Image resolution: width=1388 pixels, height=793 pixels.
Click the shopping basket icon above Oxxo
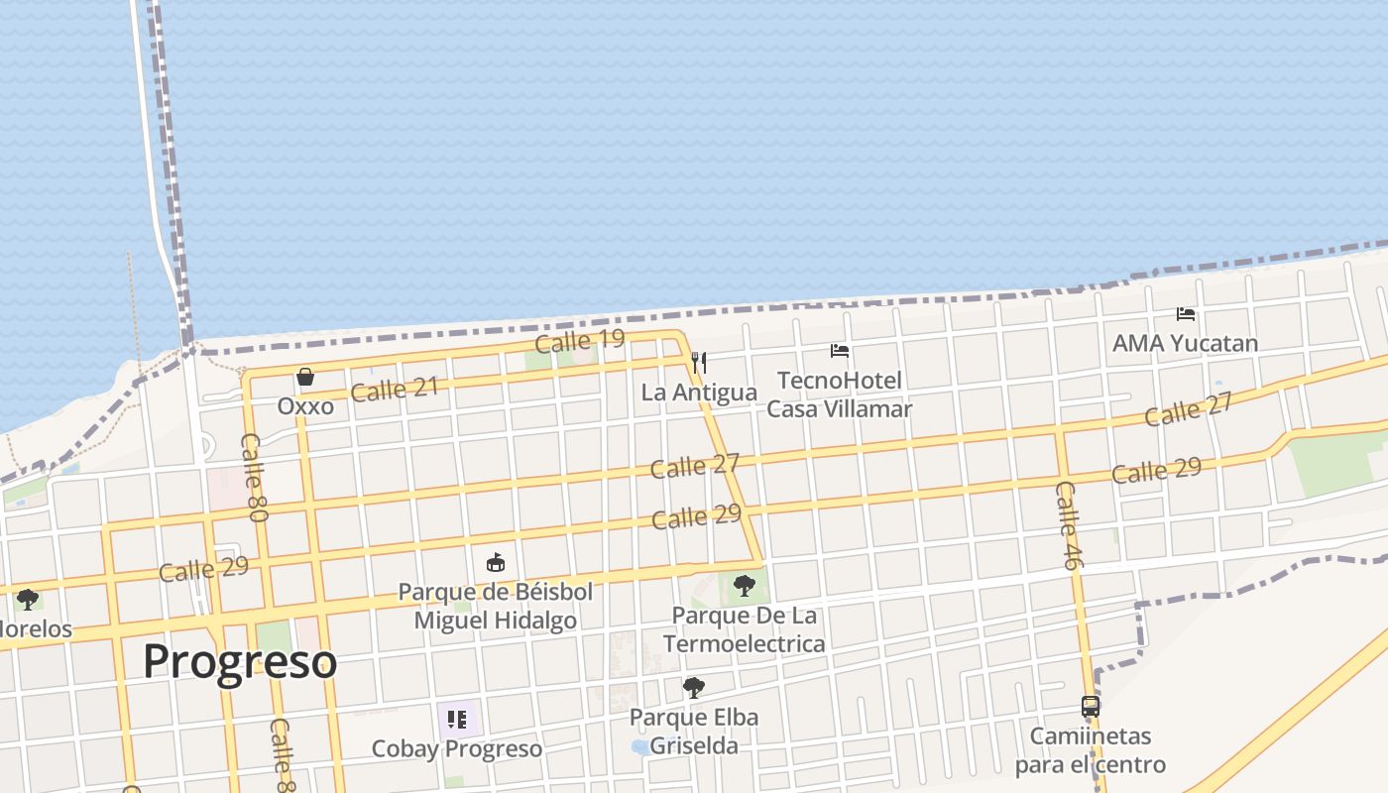305,377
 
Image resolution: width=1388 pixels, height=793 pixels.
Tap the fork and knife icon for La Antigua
699,363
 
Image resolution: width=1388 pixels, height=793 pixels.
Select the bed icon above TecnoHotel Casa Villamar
840,351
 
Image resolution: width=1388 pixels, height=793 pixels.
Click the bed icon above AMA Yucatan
1185,314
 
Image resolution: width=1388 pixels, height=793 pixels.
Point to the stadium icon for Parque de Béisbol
496,563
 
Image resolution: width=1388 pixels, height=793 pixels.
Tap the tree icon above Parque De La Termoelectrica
744,586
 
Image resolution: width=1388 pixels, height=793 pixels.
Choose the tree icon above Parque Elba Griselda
694,687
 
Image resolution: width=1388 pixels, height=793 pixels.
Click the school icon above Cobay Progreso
456,719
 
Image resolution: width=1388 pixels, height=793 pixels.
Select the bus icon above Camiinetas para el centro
1090,707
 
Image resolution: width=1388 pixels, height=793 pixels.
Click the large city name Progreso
240,661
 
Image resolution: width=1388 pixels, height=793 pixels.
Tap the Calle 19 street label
580,341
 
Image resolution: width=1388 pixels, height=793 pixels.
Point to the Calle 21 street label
394,390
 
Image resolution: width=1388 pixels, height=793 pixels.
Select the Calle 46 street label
1068,525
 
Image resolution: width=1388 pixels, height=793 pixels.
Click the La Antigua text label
699,393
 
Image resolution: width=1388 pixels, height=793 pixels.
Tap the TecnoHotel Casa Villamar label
840,395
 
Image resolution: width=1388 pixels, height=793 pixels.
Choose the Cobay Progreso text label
456,748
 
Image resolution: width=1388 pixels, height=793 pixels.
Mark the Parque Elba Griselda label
694,732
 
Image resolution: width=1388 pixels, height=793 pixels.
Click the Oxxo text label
305,406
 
